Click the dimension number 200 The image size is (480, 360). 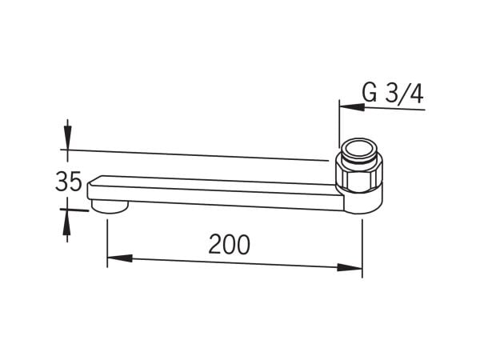(229, 245)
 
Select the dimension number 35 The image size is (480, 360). (69, 182)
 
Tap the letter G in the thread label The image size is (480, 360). (370, 93)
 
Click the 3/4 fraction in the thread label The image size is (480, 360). (405, 94)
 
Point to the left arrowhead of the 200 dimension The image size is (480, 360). (120, 258)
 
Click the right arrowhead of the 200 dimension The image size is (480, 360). (350, 267)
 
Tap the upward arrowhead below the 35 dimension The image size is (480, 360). (67, 222)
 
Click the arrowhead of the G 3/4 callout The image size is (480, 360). (352, 106)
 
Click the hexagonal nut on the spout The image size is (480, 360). (358, 174)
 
